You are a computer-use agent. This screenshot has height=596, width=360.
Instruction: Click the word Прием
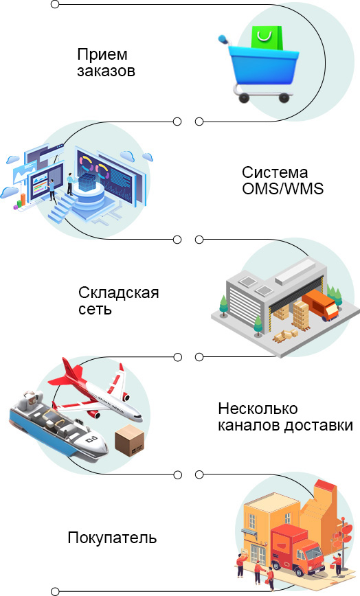click(102, 55)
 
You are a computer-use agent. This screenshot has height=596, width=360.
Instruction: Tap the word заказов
click(106, 71)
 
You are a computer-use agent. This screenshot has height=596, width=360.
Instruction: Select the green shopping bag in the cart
click(267, 38)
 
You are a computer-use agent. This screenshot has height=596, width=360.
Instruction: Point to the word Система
click(275, 172)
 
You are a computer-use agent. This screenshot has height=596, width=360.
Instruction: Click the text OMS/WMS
click(282, 189)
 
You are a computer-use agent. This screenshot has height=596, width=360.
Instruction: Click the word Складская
click(119, 293)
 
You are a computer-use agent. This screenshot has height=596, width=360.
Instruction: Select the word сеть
click(95, 309)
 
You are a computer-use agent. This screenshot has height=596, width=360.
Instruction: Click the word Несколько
click(258, 409)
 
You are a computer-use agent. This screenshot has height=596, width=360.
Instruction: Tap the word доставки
click(319, 425)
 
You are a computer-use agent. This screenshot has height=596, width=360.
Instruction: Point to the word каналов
click(249, 425)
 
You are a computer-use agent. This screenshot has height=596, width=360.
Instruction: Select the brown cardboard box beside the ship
click(130, 440)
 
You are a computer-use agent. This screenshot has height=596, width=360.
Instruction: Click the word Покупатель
click(112, 538)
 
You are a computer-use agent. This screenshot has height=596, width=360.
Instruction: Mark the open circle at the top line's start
click(55, 5)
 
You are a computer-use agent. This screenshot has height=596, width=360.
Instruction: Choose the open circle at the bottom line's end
click(55, 591)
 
